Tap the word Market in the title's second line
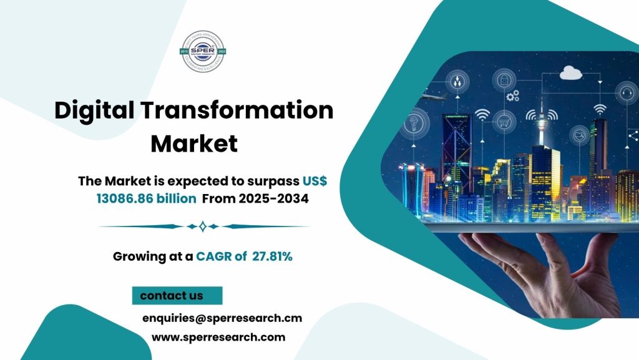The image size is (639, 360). pos(194,144)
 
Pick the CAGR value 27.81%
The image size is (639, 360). pos(273,255)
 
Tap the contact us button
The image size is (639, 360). pos(172,295)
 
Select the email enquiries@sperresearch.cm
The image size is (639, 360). pos(222,318)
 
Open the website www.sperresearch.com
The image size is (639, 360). pos(218,338)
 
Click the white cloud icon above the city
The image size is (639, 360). pos(570,74)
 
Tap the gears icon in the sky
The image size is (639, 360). pos(513,95)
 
